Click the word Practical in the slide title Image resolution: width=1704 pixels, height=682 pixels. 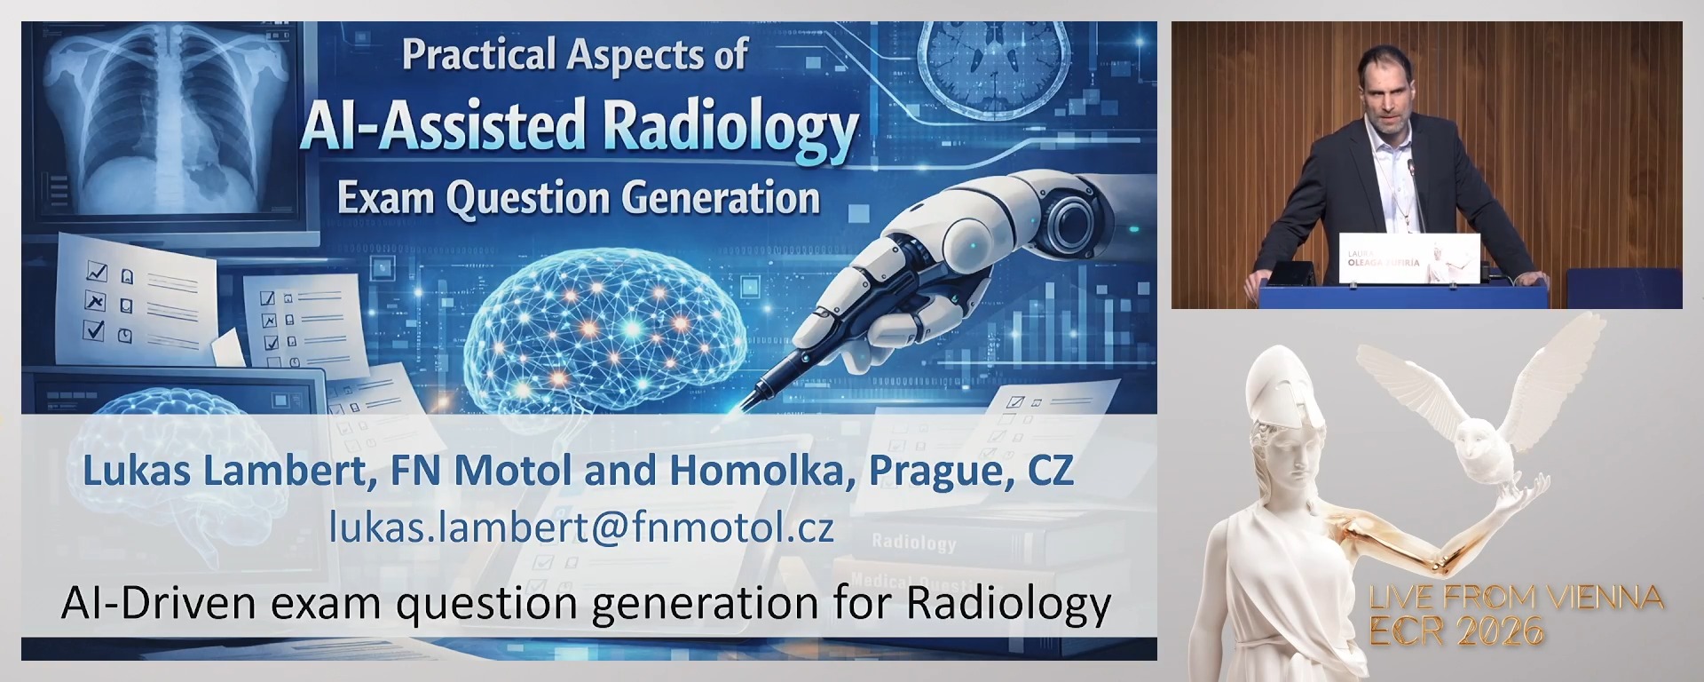tap(478, 55)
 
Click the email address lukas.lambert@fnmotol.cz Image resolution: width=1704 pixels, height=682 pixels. tap(581, 527)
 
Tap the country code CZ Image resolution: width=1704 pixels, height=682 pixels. tap(1051, 471)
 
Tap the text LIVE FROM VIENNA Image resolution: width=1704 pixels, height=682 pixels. tap(1516, 598)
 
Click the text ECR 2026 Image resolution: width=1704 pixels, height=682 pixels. tap(1456, 631)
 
